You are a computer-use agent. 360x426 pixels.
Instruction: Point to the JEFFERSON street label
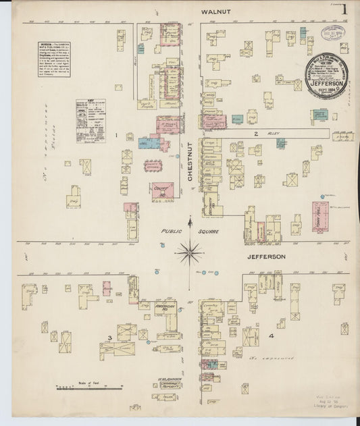(267, 257)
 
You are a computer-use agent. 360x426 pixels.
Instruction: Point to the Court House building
(162, 191)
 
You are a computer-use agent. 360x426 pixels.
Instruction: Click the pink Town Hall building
(320, 217)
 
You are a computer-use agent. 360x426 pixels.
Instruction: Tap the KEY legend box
(89, 121)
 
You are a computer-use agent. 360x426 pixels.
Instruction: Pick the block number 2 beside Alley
(256, 134)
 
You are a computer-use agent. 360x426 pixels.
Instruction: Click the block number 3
(109, 337)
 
